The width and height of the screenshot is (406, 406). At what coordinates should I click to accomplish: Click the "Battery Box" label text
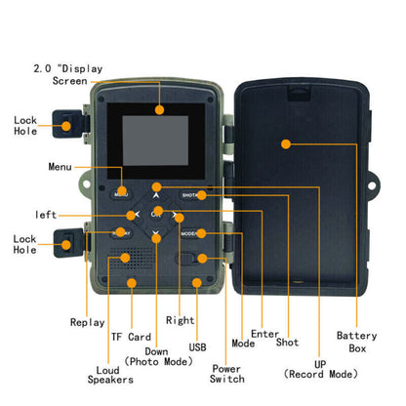click(x=357, y=342)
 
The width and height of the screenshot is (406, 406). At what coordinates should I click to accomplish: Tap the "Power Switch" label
click(x=226, y=374)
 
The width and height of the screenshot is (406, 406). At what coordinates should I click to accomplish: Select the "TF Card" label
click(x=131, y=337)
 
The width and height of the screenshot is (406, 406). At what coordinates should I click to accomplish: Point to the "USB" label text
click(x=197, y=347)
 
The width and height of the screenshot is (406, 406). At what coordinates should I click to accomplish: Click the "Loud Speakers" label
click(x=110, y=375)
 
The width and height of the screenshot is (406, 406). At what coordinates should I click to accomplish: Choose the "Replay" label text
click(x=88, y=322)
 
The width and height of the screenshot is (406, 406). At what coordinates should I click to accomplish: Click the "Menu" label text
click(x=60, y=167)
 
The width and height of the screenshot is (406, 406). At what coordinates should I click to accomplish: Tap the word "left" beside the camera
click(x=46, y=215)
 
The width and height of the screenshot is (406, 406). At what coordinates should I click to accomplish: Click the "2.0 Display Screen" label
click(x=68, y=75)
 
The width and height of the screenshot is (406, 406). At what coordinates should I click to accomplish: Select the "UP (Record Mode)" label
click(x=320, y=369)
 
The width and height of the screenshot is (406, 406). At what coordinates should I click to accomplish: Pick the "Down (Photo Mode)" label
click(x=158, y=356)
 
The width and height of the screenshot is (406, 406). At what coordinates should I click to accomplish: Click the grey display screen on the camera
click(x=155, y=141)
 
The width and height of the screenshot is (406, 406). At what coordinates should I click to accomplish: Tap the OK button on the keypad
click(x=156, y=214)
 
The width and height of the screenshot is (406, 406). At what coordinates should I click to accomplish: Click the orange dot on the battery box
click(x=286, y=143)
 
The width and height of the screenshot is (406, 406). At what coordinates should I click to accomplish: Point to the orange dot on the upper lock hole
click(x=66, y=126)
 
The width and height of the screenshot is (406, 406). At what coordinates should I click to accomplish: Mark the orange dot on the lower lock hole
click(x=66, y=245)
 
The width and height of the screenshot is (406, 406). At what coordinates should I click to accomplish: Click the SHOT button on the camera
click(x=192, y=195)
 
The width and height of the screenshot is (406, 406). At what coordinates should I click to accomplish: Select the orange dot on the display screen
click(x=159, y=109)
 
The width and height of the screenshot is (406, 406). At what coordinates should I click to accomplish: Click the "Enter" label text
click(x=264, y=334)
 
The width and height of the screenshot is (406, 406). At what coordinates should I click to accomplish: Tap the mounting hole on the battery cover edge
click(x=372, y=185)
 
